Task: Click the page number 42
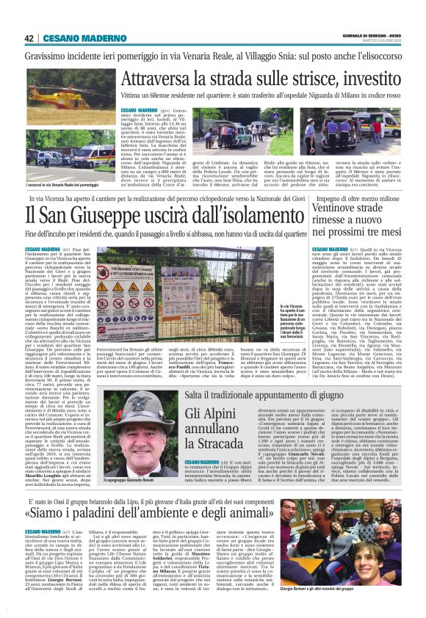coord(29,38)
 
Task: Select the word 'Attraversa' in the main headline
coord(162,79)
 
